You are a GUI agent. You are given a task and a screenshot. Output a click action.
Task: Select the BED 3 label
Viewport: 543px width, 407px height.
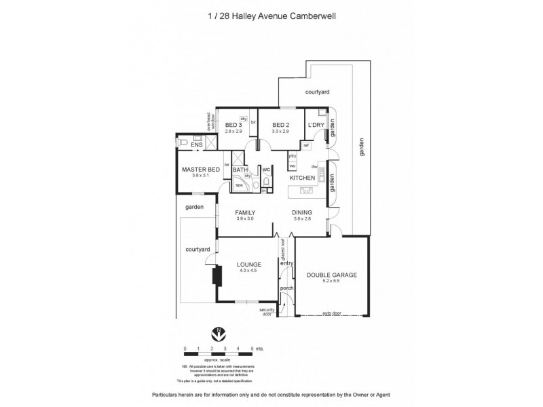click(233, 125)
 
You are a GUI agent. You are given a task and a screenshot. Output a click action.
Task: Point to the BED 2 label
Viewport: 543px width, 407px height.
click(281, 125)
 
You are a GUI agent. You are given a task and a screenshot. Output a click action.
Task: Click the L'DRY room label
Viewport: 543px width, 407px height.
click(315, 125)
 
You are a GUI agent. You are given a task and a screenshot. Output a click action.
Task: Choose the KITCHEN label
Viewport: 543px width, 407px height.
click(302, 178)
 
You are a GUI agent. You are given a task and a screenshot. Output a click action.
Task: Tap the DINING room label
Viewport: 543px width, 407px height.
click(302, 212)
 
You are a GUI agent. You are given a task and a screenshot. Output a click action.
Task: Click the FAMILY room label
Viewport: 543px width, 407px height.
click(244, 212)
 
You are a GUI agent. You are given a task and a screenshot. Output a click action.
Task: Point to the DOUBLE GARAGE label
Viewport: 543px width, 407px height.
click(333, 275)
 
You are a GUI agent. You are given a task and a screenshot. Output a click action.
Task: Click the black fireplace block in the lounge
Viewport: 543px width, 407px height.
click(217, 277)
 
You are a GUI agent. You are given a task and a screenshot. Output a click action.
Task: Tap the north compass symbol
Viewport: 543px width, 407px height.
click(219, 333)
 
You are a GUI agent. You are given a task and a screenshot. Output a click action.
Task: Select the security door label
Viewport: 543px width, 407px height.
click(267, 312)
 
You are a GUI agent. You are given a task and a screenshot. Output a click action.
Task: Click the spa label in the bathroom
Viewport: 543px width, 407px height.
click(239, 184)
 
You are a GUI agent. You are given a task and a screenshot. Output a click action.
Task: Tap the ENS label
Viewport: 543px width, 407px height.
click(196, 145)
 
